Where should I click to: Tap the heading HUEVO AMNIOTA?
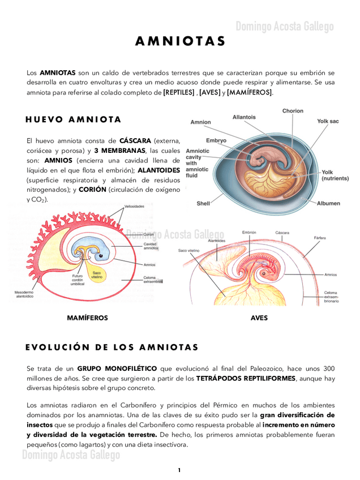click(x=74, y=119)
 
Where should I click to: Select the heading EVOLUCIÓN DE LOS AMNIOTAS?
click(x=112, y=347)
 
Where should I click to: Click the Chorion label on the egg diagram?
click(x=293, y=111)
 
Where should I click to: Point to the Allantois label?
click(x=244, y=117)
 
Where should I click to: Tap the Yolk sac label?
click(x=328, y=121)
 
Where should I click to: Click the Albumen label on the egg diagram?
click(x=328, y=203)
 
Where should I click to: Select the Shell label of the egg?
click(x=203, y=203)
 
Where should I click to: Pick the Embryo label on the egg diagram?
click(x=216, y=140)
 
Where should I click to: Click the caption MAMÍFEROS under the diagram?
click(x=87, y=318)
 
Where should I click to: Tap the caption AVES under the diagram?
click(x=259, y=318)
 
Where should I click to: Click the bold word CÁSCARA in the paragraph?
click(x=135, y=140)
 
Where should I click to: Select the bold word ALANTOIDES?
click(x=159, y=170)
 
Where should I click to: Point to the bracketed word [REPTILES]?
click(x=179, y=92)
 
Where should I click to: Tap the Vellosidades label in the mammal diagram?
click(x=134, y=207)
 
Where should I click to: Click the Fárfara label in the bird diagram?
click(x=319, y=238)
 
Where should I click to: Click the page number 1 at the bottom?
click(x=179, y=470)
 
